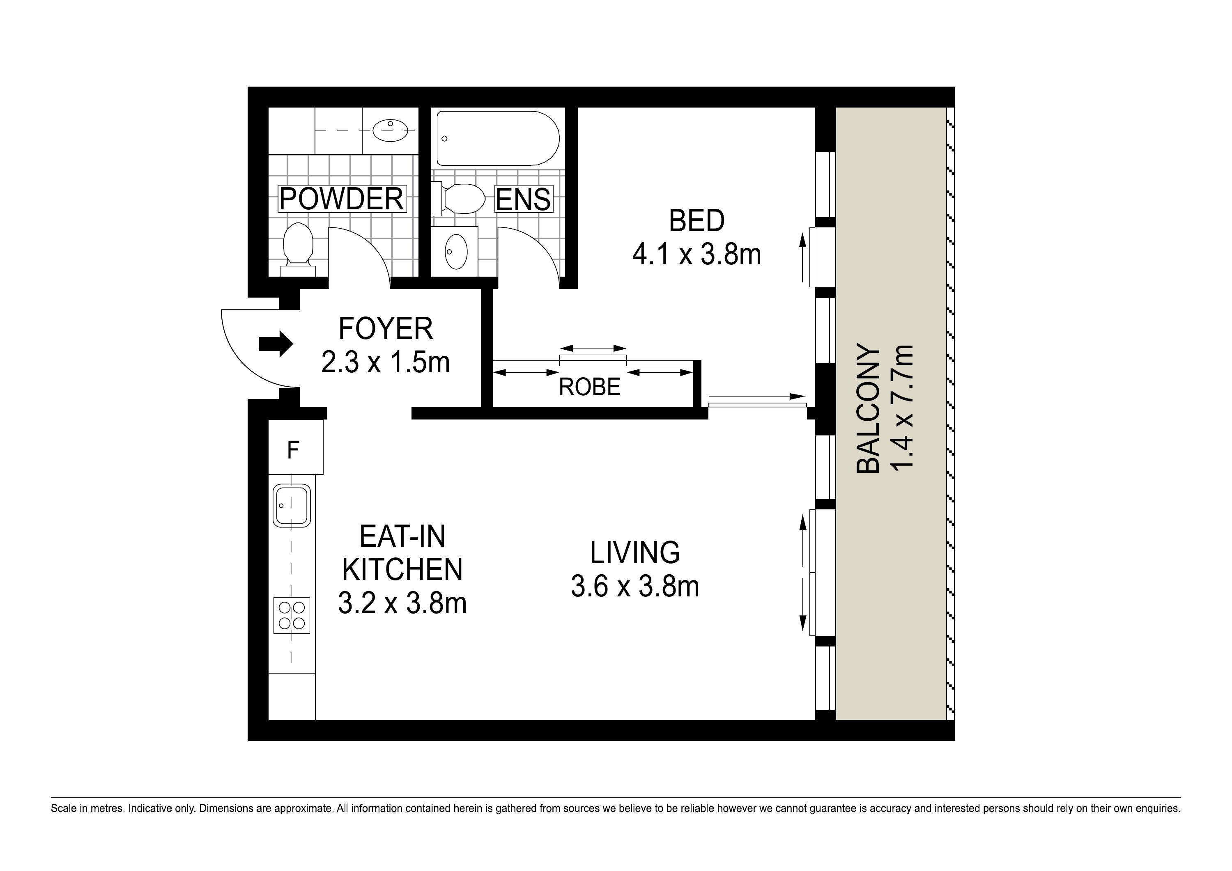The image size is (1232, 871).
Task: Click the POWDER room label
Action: pos(341,199)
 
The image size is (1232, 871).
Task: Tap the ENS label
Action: pos(523,199)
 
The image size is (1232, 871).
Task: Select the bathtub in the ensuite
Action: pos(498,138)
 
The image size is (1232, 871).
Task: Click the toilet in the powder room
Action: pos(298,250)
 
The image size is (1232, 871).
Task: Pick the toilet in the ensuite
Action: pos(459,198)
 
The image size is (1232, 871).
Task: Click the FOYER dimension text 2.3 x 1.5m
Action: pos(385,362)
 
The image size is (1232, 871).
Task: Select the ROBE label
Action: pos(589,387)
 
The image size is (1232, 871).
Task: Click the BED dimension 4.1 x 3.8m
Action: pos(696,254)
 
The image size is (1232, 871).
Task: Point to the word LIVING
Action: pos(635,553)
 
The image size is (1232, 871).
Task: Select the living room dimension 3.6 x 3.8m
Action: pos(635,586)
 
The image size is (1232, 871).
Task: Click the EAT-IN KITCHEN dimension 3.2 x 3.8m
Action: pos(402,603)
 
